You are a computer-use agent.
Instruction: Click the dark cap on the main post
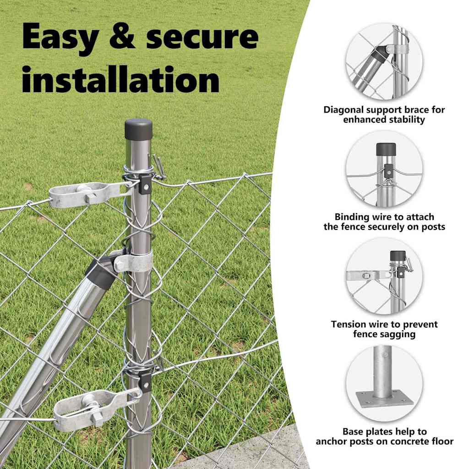138,129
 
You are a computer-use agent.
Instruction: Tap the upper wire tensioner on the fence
90,194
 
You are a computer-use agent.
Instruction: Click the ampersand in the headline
122,37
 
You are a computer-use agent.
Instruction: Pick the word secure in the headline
202,37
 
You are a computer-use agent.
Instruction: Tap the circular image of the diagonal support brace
384,62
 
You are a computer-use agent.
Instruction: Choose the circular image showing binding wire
384,169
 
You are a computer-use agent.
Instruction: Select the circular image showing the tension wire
384,277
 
